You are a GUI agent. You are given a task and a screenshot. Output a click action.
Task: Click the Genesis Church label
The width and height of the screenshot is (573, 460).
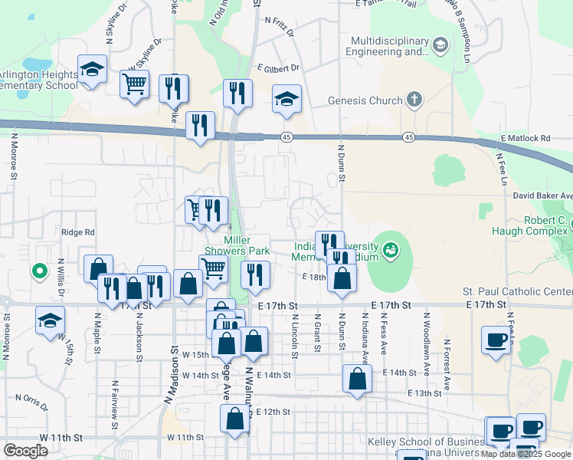[365, 100]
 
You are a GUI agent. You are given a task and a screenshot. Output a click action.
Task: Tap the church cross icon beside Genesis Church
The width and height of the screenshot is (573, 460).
[414, 100]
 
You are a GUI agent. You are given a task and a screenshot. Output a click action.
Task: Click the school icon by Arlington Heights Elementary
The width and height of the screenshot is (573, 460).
[92, 70]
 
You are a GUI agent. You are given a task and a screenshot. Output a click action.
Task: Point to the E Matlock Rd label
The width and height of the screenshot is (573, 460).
[526, 138]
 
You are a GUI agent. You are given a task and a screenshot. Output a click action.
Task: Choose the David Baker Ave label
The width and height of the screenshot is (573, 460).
[542, 196]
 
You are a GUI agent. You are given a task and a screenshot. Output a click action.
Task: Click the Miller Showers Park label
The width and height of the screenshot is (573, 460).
[237, 245]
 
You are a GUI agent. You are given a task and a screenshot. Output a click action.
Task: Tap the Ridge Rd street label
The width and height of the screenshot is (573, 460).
[78, 232]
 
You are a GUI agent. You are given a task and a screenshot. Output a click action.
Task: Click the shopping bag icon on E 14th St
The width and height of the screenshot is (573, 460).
[357, 379]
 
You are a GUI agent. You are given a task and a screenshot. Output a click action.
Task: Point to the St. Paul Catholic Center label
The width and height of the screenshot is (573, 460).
[517, 291]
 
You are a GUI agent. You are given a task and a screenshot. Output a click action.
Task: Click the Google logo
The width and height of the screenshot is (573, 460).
[25, 451]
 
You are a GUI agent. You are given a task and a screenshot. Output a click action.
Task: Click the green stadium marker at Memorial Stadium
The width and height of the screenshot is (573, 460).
[391, 249]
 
